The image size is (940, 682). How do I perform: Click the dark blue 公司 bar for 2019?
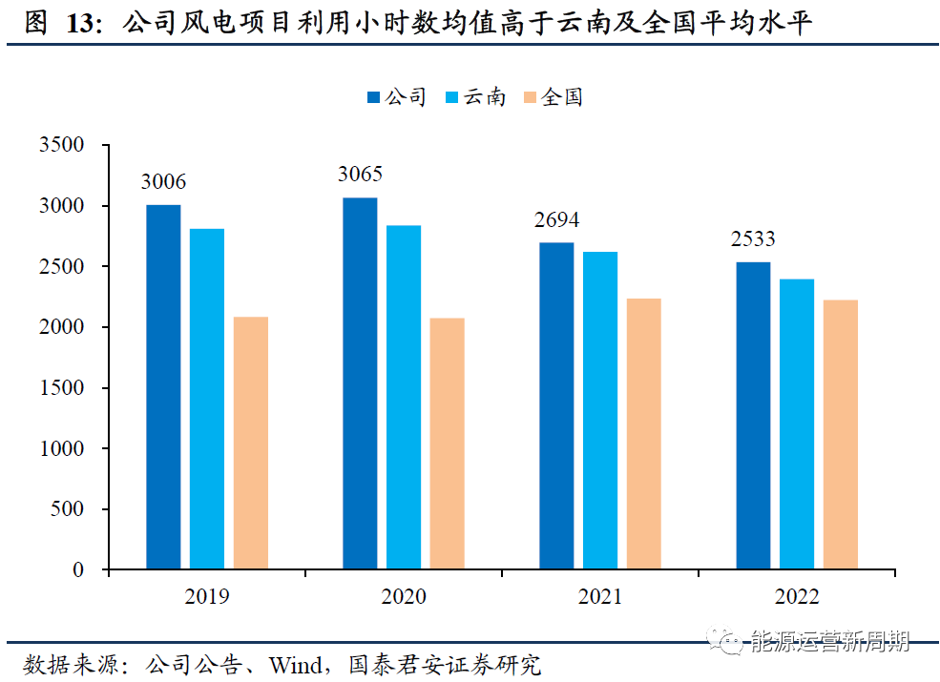tap(163, 387)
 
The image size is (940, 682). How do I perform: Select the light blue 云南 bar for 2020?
tap(404, 398)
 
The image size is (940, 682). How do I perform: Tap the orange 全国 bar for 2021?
tap(643, 434)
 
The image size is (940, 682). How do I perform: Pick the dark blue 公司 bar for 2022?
tap(753, 416)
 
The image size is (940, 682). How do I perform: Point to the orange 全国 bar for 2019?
tap(251, 444)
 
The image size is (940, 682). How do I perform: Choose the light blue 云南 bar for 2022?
tap(797, 424)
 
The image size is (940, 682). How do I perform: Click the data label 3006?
tap(163, 182)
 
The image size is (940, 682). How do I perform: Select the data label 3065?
tap(360, 175)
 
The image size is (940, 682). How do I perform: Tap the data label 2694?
tap(556, 220)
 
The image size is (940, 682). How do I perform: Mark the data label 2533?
tap(753, 238)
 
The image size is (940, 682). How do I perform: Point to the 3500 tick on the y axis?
tap(62, 145)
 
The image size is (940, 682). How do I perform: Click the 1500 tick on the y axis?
tap(62, 388)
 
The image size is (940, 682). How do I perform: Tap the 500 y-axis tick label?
tap(68, 509)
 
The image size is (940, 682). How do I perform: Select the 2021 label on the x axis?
tap(599, 597)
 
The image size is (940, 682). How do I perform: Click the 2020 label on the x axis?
tap(404, 597)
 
